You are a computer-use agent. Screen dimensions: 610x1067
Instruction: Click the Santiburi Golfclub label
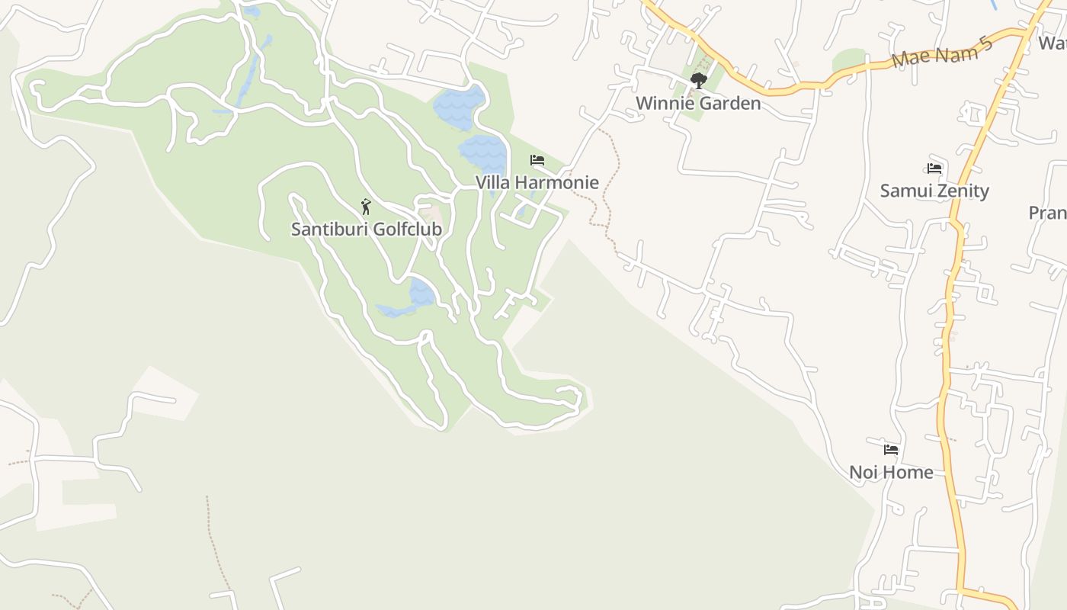click(x=366, y=229)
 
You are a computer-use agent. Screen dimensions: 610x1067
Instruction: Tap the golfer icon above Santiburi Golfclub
click(x=366, y=206)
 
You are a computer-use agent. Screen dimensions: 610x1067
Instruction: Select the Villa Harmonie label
click(x=537, y=182)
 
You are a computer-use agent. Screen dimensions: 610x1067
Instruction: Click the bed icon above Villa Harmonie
click(x=537, y=160)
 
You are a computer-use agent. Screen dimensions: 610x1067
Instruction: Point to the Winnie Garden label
click(x=697, y=103)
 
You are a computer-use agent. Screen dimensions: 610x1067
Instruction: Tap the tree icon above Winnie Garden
click(x=698, y=80)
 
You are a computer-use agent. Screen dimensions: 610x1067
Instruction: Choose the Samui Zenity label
click(x=934, y=191)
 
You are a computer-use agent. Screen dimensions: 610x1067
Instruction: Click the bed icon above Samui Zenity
click(x=935, y=168)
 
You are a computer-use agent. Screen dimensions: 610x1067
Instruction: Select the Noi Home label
click(x=891, y=472)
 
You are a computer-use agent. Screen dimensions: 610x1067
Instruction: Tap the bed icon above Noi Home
click(x=891, y=449)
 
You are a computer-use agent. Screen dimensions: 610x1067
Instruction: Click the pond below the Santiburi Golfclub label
click(x=421, y=292)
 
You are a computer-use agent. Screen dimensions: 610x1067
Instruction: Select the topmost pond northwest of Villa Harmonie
click(x=459, y=107)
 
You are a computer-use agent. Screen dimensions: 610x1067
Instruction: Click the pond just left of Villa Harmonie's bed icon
click(x=484, y=155)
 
